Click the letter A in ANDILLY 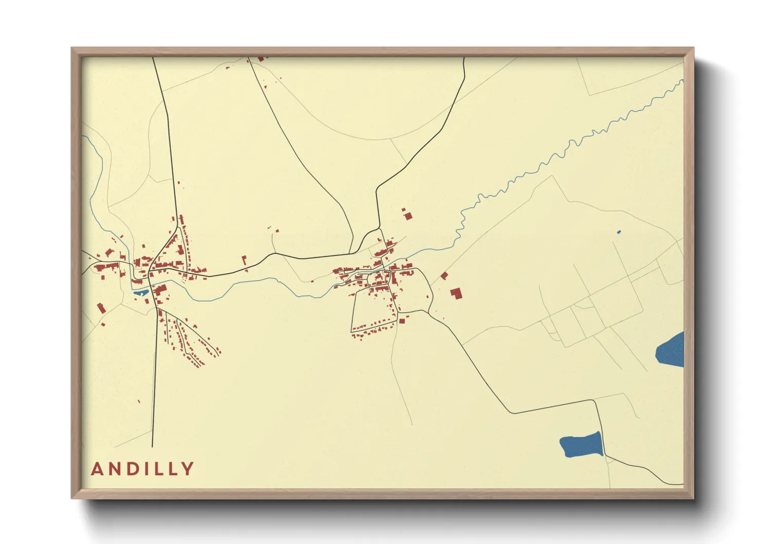coord(98,469)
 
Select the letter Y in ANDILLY coord(188,469)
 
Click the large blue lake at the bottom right coord(581,445)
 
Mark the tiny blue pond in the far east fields coord(619,232)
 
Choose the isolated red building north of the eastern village coord(408,216)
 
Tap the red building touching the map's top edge coord(261,59)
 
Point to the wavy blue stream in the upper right coord(566,149)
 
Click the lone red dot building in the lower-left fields coord(139,401)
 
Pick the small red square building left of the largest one coord(444,276)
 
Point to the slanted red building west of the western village coord(101,309)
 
